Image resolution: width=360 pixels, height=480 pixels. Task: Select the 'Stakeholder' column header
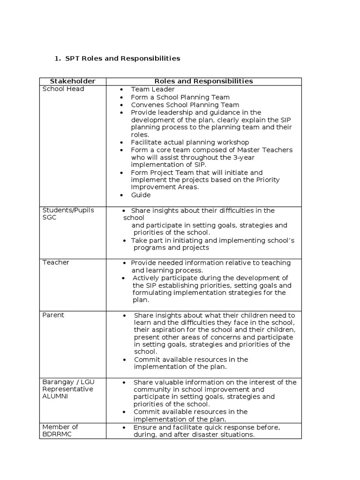73,81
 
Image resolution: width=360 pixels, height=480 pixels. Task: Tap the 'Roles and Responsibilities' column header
204,81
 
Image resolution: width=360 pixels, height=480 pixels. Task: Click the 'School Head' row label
63,89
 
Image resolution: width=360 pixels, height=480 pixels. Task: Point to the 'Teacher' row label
56,262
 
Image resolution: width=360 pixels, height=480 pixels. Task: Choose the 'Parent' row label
53,315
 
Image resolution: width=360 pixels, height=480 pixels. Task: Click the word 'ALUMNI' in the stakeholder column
55,396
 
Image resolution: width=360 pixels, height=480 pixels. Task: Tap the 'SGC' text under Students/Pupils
49,218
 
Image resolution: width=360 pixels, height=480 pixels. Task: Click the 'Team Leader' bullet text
153,89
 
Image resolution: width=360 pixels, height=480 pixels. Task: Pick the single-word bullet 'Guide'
141,195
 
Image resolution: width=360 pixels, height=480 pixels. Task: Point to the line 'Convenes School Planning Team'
185,105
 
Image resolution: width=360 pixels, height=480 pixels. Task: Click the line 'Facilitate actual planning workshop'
190,142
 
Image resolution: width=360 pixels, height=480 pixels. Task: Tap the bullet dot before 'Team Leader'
121,90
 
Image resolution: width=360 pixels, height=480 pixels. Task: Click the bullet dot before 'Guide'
121,195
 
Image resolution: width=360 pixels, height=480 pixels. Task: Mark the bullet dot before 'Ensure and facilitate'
124,427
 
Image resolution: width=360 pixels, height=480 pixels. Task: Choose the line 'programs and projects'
170,247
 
